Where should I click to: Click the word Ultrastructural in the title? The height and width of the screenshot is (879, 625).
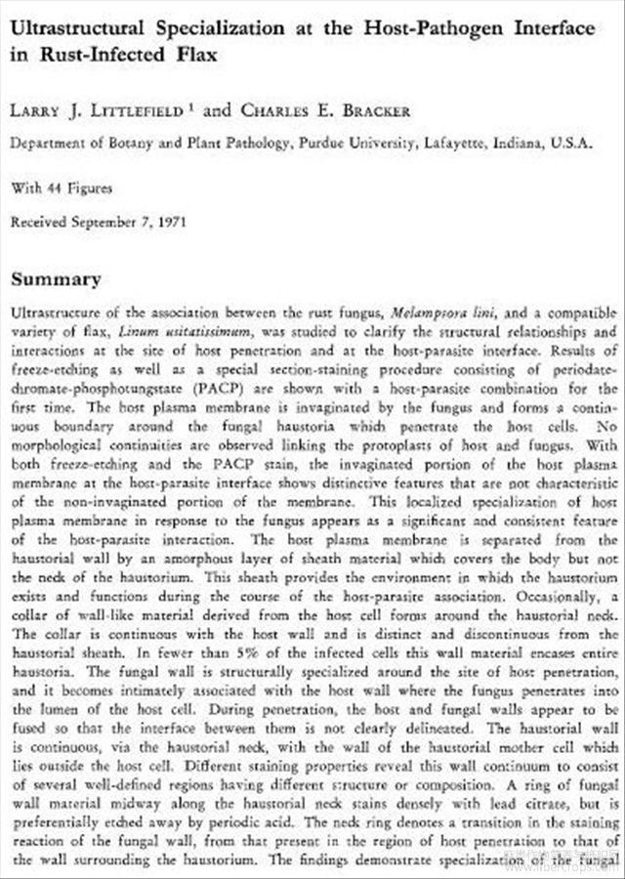coord(75,28)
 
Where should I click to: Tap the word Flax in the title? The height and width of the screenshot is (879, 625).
coord(194,54)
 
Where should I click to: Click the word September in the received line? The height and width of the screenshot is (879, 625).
coord(106,222)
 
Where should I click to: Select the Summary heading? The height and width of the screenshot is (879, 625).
coord(56,279)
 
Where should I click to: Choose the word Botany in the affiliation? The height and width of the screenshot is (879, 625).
coord(123,143)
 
